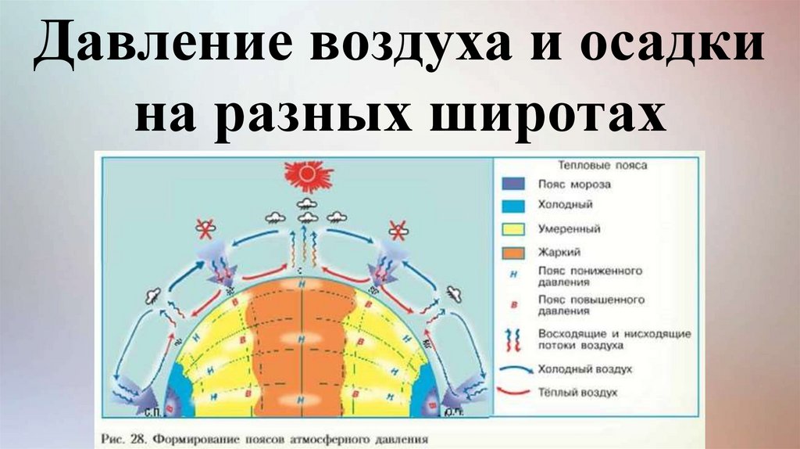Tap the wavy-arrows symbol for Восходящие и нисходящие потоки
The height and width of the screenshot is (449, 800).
coord(515,339)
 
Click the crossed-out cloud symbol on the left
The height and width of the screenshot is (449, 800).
coord(205,229)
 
